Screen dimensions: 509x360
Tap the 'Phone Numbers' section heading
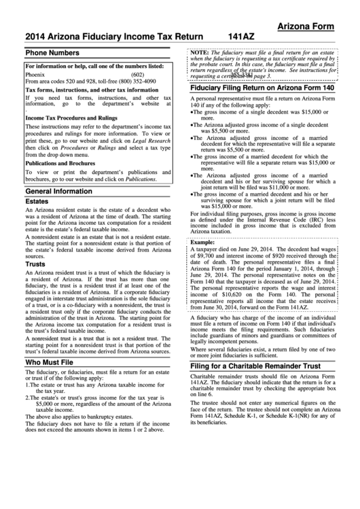coord(51,52)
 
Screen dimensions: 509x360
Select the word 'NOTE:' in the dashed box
coord(199,52)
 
